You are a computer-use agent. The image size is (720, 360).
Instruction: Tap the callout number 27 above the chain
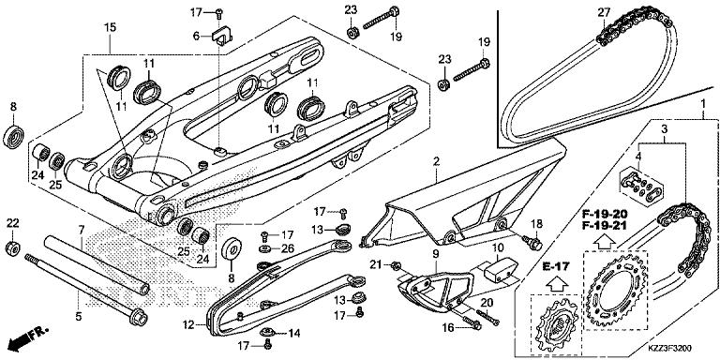pyautogui.click(x=604, y=12)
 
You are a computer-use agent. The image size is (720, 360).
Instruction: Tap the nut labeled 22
pyautogui.click(x=12, y=249)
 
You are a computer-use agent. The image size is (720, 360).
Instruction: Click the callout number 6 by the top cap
pyautogui.click(x=197, y=36)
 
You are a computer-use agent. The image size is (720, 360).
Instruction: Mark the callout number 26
pyautogui.click(x=289, y=248)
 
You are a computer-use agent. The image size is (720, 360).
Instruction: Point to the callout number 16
pyautogui.click(x=449, y=327)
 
